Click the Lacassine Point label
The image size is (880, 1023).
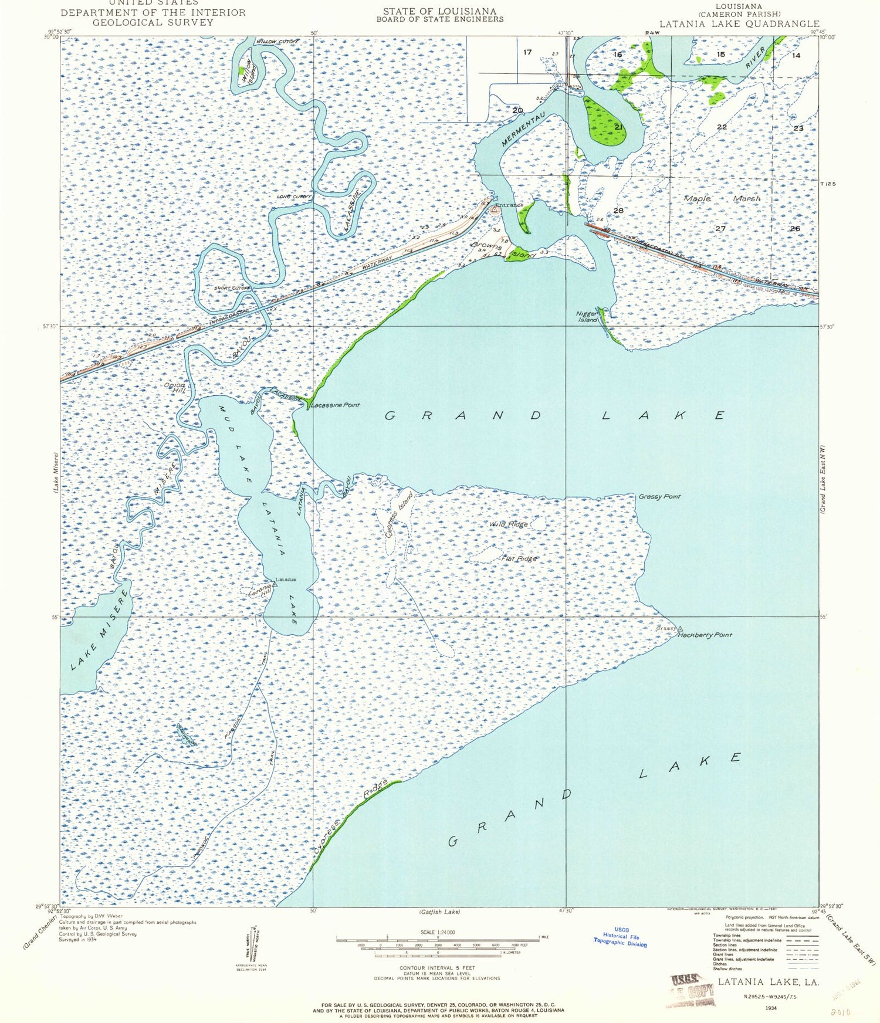click(x=335, y=405)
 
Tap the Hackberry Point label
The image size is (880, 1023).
click(x=705, y=635)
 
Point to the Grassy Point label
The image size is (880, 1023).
click(x=660, y=496)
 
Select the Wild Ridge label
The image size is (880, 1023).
click(x=508, y=524)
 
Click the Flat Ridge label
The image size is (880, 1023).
click(x=519, y=558)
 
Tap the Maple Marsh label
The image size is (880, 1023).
click(x=722, y=199)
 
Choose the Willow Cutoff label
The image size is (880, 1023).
click(x=277, y=42)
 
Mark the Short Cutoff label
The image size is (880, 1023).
click(x=232, y=288)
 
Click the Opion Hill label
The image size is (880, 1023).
click(x=174, y=388)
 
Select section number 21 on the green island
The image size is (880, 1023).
click(x=618, y=127)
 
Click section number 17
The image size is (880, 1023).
click(x=527, y=52)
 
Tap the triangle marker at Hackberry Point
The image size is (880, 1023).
click(x=680, y=629)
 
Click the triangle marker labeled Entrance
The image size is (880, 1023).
click(x=495, y=208)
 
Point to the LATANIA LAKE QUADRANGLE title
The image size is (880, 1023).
click(x=739, y=24)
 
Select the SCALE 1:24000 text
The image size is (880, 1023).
click(x=437, y=932)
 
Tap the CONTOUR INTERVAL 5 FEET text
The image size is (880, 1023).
click(x=437, y=968)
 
